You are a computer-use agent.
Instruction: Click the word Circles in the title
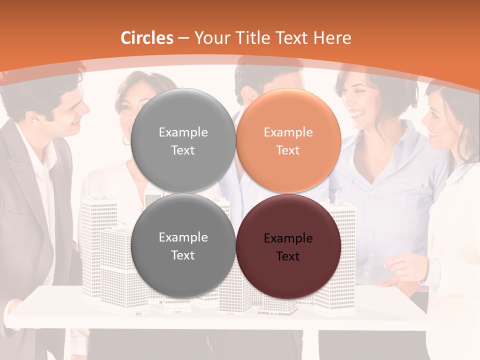[147, 38]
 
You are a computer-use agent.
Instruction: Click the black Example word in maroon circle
[288, 238]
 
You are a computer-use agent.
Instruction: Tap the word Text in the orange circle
[288, 150]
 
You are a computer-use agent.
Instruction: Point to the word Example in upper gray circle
[183, 132]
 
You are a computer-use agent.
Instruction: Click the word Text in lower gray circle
[183, 255]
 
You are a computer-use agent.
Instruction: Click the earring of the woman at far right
[463, 142]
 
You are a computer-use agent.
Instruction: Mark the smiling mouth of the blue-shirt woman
[357, 114]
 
